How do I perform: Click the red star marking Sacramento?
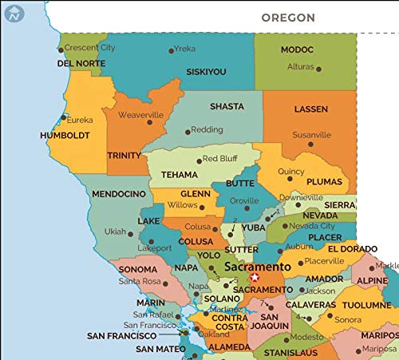255,277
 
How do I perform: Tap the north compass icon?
14,12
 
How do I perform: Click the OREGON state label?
288,18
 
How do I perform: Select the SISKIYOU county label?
207,72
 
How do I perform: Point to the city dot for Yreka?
171,50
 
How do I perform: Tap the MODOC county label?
297,49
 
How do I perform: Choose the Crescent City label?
89,48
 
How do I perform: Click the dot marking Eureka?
64,117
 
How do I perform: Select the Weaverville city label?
140,115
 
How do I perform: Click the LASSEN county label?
310,109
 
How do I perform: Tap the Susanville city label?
311,135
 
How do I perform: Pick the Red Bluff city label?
220,159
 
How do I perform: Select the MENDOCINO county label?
118,194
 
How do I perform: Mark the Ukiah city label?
116,231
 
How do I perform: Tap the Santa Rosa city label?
140,281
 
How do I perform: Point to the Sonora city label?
347,319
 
